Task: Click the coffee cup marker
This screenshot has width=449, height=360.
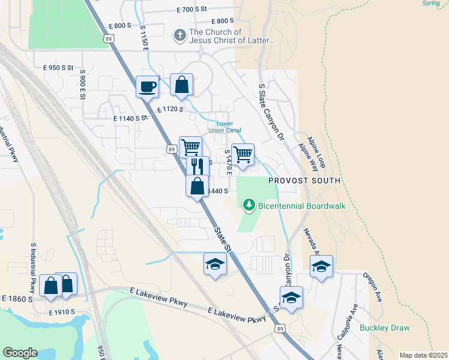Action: point(147,87)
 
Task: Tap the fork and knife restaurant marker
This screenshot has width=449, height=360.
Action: point(198,166)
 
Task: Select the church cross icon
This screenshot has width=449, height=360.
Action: point(179,35)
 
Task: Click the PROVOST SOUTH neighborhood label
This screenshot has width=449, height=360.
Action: point(304,180)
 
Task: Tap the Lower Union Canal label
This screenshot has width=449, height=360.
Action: point(224,127)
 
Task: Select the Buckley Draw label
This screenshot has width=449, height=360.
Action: point(384,328)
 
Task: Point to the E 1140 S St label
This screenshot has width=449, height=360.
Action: point(130,118)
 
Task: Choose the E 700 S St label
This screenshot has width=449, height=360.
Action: point(191,9)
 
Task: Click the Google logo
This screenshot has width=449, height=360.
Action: point(20,353)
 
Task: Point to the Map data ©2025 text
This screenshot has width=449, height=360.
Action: point(424,355)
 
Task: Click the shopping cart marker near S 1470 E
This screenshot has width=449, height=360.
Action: point(243,154)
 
